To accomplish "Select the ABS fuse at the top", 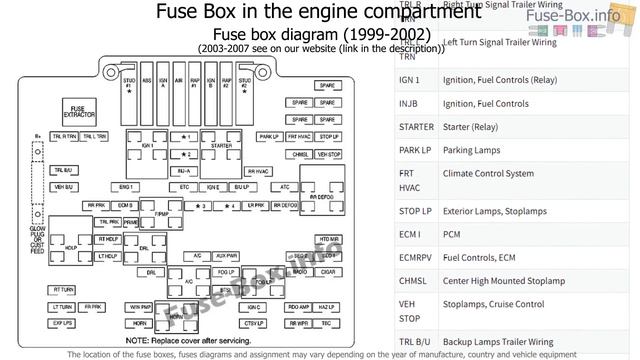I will click(147, 86).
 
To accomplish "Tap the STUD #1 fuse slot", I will click(129, 88).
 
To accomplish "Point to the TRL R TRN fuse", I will click(64, 136).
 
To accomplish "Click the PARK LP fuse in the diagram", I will click(269, 136).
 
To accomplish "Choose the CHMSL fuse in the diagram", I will click(301, 155).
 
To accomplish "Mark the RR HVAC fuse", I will click(259, 171).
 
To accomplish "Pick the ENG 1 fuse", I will click(126, 187).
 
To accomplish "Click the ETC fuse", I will click(185, 187).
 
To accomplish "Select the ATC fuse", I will click(284, 187).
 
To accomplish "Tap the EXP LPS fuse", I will click(63, 324).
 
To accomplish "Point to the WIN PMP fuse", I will click(140, 307).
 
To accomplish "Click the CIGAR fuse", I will click(327, 272).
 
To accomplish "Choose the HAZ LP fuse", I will click(327, 307).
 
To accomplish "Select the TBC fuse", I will click(327, 324).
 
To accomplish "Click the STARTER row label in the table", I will click(415, 127).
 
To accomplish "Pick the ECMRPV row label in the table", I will click(415, 257).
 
